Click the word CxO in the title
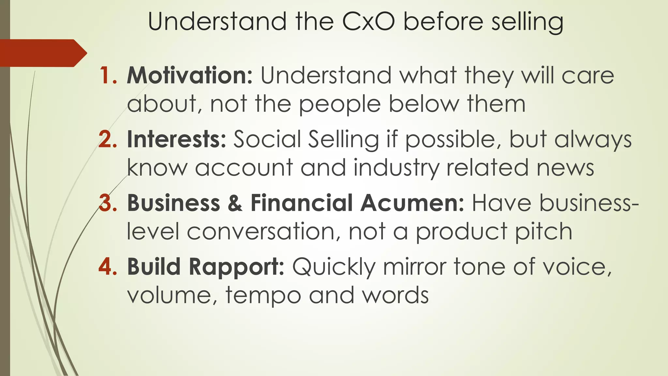tap(369, 22)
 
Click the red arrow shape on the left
tap(42, 53)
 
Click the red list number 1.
tap(108, 75)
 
